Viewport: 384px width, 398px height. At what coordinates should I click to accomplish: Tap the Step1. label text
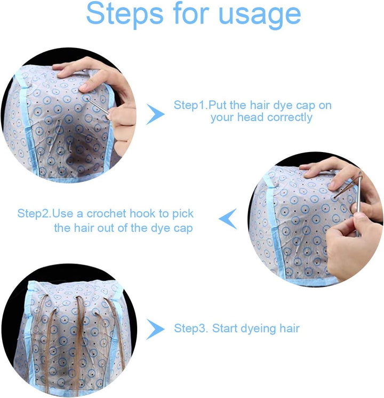click(x=190, y=105)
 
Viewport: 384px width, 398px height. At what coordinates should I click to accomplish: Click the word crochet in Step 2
click(x=101, y=214)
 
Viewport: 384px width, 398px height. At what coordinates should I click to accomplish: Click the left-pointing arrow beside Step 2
click(x=228, y=219)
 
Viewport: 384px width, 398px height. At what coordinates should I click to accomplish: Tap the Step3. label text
click(x=191, y=328)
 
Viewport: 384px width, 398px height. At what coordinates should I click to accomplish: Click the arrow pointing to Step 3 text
click(x=155, y=329)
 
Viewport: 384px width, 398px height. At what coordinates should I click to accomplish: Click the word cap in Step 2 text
click(x=183, y=228)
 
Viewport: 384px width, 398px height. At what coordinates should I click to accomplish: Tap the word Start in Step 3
click(x=224, y=328)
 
